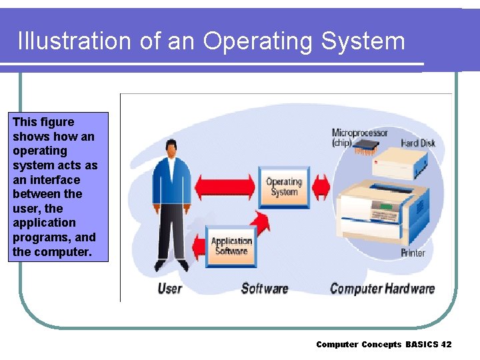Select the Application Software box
(x=231, y=246)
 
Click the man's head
(x=171, y=147)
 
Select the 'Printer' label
(x=413, y=253)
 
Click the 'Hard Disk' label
(x=417, y=143)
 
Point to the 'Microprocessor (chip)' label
(x=359, y=137)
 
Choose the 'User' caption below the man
(x=169, y=289)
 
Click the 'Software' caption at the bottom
(x=264, y=289)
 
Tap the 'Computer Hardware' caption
(x=382, y=289)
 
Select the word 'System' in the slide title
(x=363, y=41)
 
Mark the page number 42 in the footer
(x=446, y=345)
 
